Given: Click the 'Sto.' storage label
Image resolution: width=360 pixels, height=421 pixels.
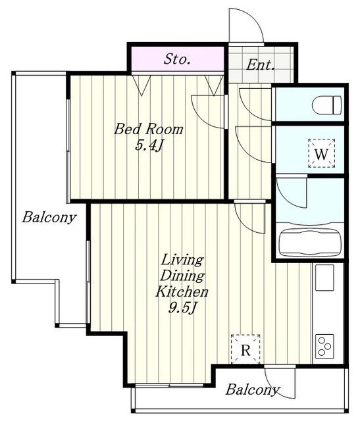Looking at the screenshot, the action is tap(177, 59).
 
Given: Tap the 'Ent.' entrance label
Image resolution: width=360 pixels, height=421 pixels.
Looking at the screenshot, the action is tap(261, 64).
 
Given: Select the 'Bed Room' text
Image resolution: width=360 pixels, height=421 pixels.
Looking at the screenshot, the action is tap(149, 129).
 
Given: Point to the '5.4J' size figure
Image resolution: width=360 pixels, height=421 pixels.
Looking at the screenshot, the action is tap(149, 145).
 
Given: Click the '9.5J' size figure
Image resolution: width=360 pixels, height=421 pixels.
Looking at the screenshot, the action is tap(182, 308).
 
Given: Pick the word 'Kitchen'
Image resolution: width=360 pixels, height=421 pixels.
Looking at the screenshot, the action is tap(182, 291).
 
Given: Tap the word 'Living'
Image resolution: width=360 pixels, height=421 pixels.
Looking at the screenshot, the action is tap(182, 260).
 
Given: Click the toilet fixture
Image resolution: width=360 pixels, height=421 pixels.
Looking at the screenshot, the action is tap(326, 105).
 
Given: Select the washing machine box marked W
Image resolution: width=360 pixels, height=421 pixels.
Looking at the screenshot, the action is tap(321, 153).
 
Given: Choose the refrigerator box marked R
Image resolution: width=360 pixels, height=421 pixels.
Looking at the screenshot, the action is tap(245, 349).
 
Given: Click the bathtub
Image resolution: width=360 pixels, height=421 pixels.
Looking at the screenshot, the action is tap(310, 242).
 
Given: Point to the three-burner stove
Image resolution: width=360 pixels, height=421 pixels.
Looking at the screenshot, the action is tap(324, 346).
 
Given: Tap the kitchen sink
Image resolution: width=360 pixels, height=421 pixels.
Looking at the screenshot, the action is tap(324, 278).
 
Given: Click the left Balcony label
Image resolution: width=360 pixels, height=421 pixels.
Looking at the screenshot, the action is tap(49, 217).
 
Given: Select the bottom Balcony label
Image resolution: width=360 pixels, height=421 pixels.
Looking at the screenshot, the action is tap(252, 389).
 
